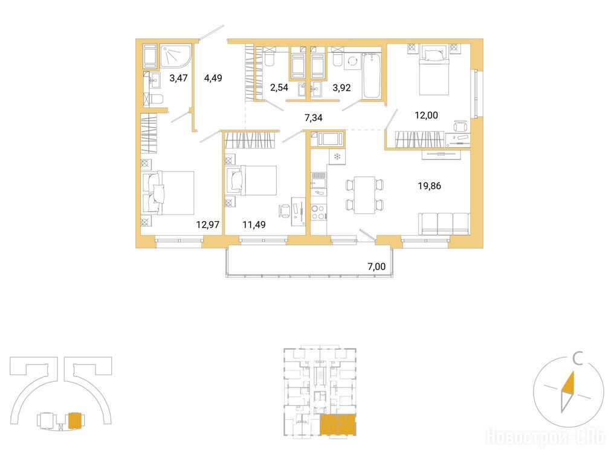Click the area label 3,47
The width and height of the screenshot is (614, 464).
[178, 78]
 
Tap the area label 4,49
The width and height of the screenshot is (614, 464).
[213, 78]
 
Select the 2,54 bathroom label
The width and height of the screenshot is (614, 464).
[279, 88]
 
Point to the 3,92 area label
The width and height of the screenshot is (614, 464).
[341, 88]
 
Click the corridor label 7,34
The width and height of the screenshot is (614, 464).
[313, 117]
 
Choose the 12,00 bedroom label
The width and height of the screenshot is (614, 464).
[427, 115]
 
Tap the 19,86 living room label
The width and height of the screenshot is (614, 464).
[429, 185]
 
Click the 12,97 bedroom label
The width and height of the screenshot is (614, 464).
[207, 224]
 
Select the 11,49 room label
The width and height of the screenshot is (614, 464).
[254, 224]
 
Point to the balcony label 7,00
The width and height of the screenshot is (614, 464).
[376, 266]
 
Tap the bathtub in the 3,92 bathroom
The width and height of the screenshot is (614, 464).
[371, 76]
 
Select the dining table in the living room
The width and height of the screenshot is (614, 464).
[364, 195]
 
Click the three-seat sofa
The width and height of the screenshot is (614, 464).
[444, 224]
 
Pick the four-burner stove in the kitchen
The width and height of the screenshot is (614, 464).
[318, 213]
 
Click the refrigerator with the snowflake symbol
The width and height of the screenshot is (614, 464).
[337, 157]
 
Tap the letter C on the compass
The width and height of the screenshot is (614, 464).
[578, 359]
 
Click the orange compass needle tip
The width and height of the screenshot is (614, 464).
[574, 372]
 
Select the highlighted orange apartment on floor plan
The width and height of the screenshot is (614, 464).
[338, 425]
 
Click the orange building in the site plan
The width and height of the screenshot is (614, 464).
[75, 421]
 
